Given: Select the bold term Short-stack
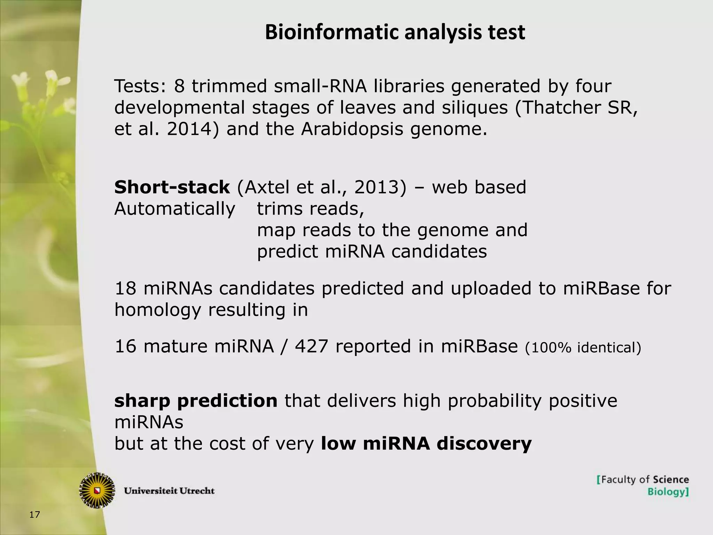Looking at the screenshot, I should pyautogui.click(x=172, y=187).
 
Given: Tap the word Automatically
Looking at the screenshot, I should pyautogui.click(x=175, y=209).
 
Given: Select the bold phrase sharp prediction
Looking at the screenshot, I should pyautogui.click(x=196, y=401).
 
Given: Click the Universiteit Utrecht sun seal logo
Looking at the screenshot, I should pyautogui.click(x=97, y=490).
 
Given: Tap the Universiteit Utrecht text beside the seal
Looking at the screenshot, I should pyautogui.click(x=170, y=491).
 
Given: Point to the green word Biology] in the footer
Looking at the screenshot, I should pyautogui.click(x=668, y=492).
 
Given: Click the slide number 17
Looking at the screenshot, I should pyautogui.click(x=34, y=514).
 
